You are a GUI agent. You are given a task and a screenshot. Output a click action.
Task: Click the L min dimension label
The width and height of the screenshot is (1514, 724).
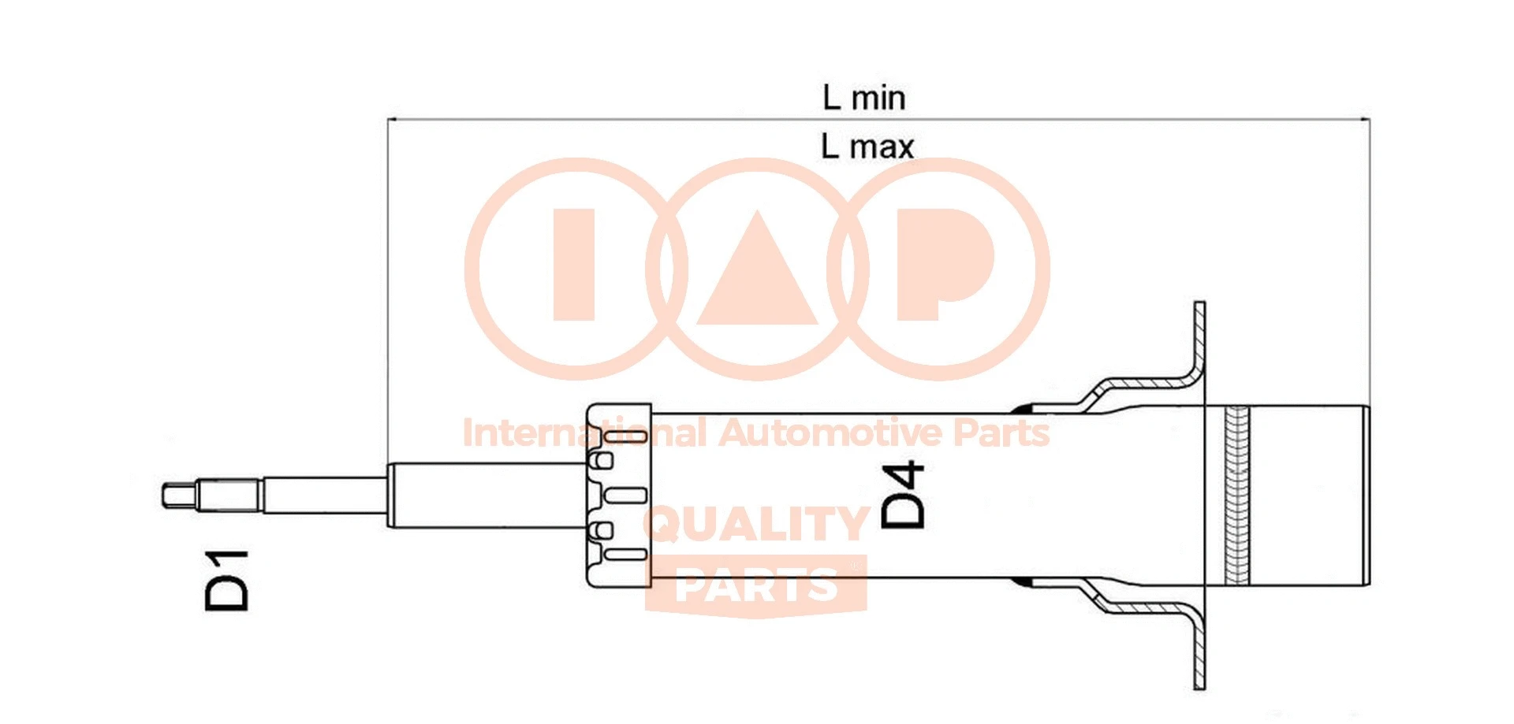863,98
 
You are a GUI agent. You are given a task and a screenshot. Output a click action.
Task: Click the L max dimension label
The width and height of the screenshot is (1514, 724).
867,147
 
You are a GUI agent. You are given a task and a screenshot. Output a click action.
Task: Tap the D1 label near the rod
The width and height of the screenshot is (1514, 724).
226,581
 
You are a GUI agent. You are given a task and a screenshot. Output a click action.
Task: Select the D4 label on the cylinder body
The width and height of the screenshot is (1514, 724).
903,495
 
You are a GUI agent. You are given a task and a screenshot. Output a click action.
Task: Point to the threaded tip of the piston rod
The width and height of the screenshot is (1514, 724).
178,496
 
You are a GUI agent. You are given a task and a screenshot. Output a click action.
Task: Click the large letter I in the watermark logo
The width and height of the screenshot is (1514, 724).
573,265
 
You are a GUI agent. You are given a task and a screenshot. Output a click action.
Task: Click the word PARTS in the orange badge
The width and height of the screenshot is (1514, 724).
756,585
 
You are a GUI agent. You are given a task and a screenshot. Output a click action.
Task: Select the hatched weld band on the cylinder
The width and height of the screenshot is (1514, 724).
1237,495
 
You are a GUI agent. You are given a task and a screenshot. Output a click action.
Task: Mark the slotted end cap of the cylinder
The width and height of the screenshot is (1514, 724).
619,495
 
